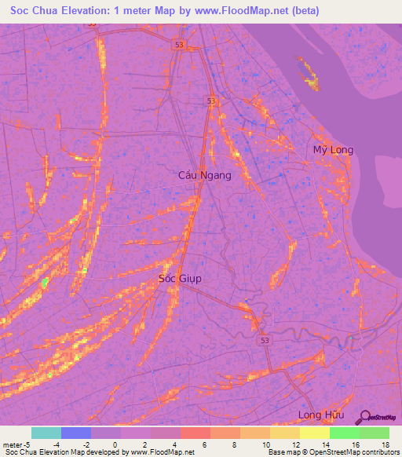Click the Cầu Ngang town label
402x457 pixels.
[205, 176]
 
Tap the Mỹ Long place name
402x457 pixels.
[333, 150]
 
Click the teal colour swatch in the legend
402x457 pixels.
[46, 433]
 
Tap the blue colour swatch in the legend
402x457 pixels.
[76, 433]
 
